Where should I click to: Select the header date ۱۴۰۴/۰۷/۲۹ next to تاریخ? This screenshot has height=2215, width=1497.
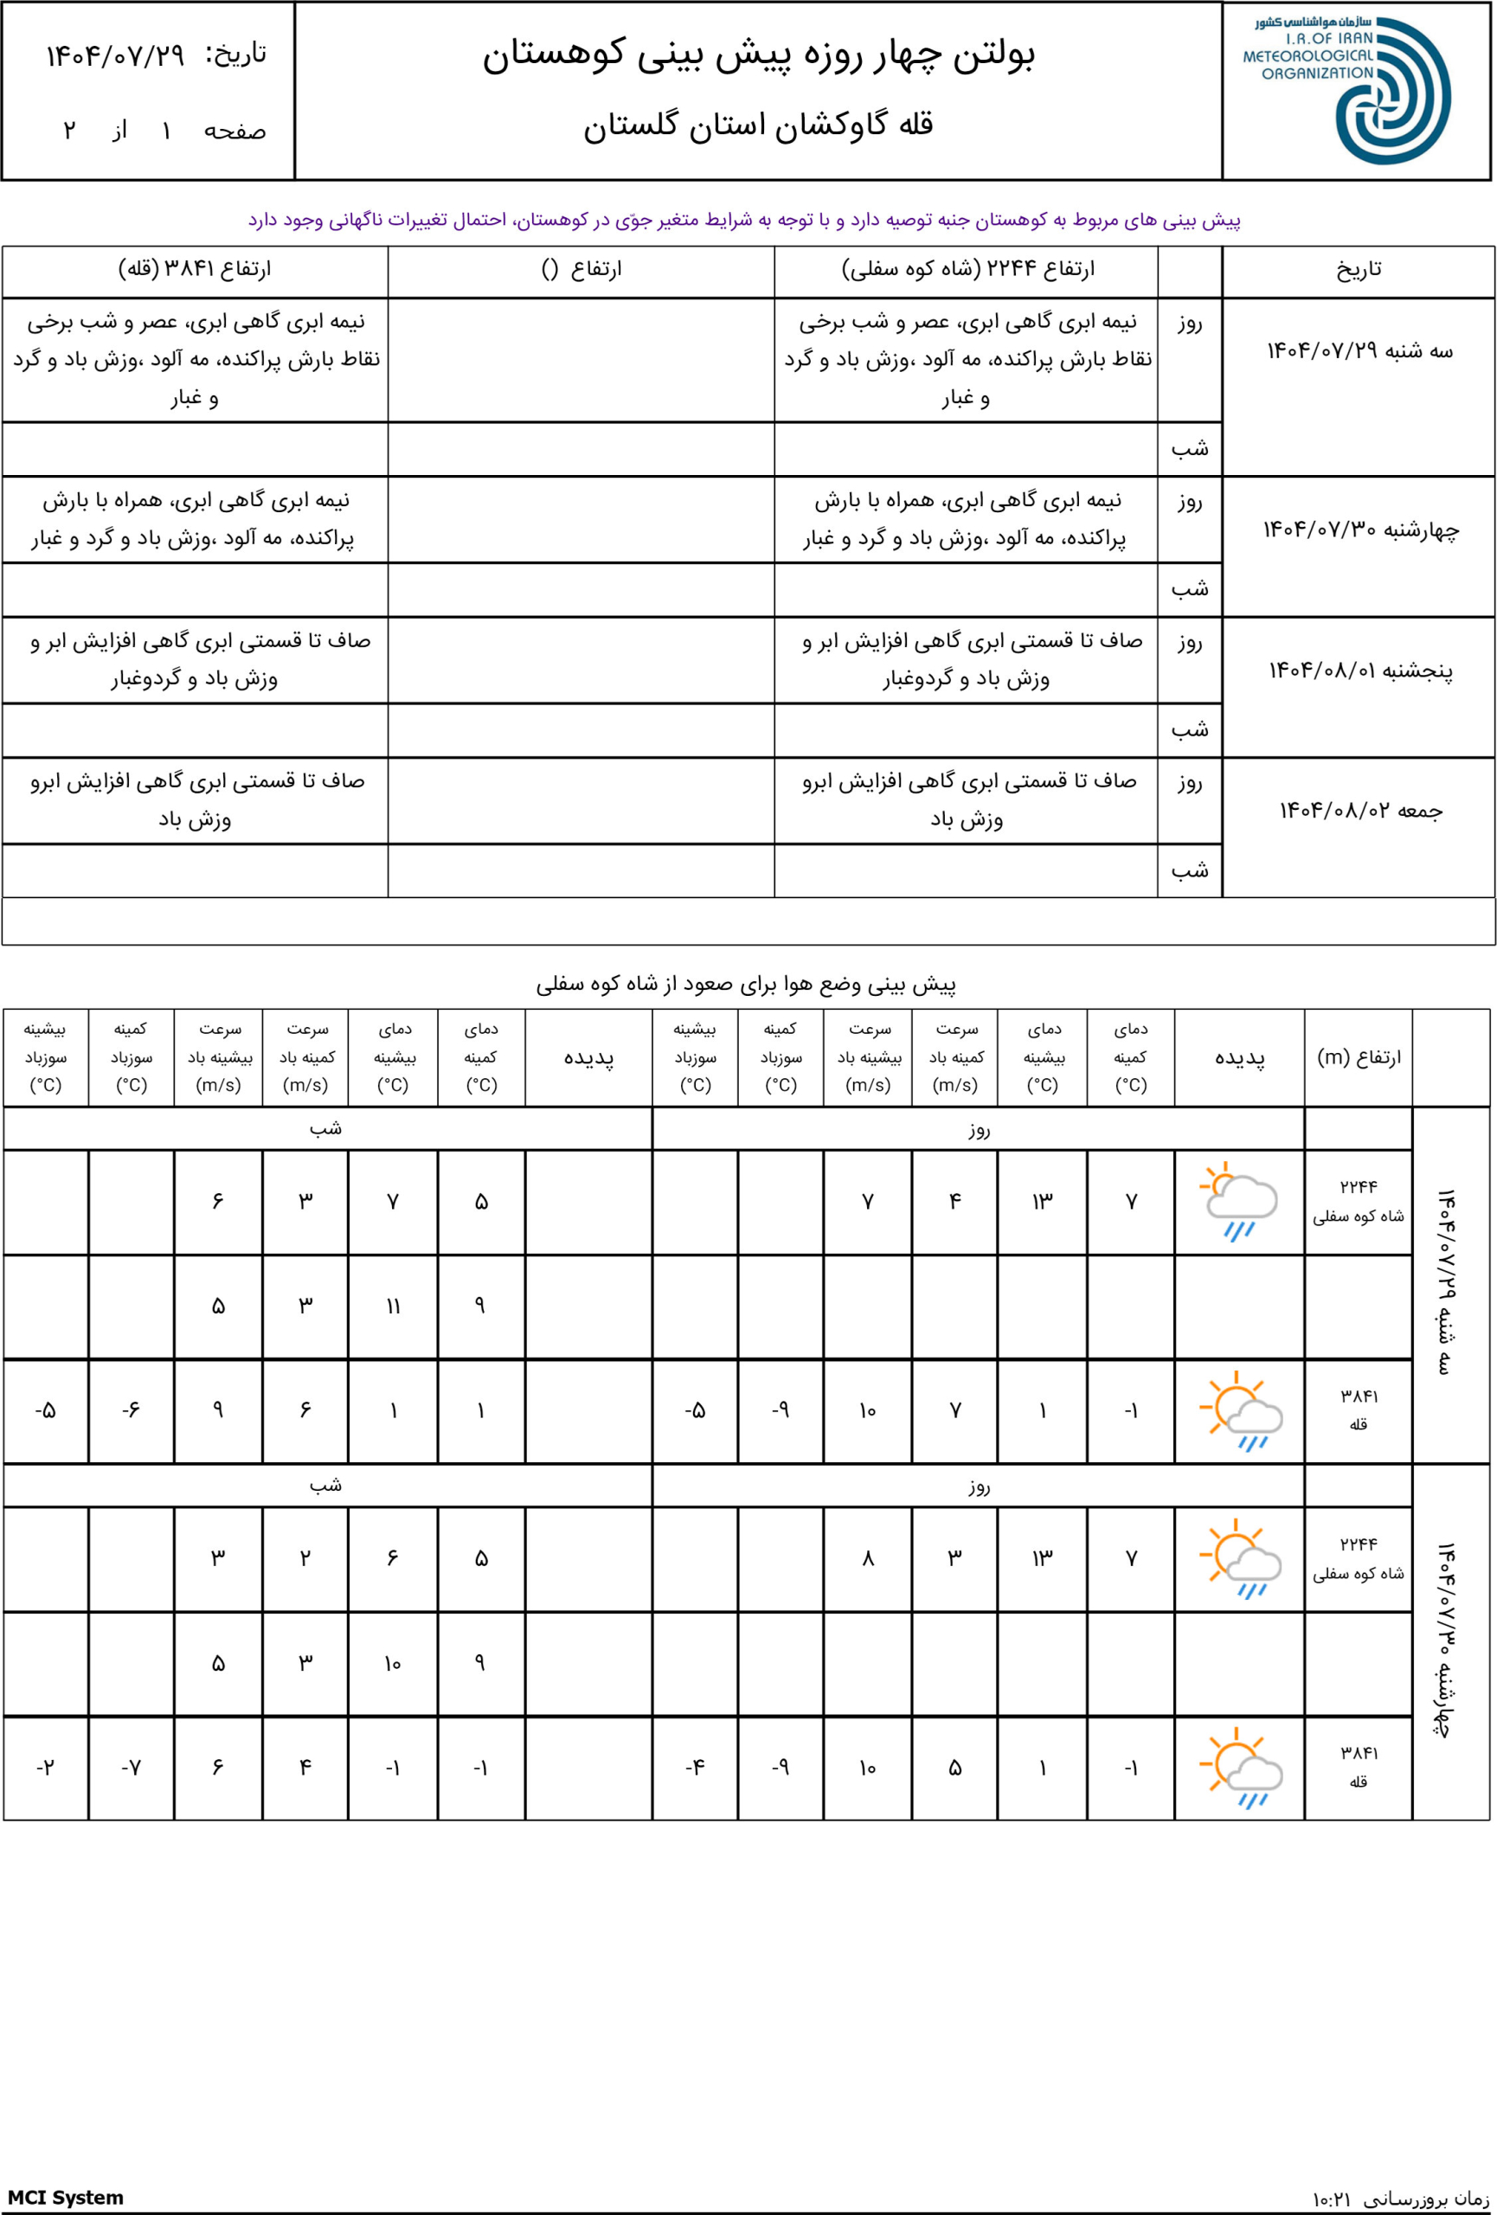coord(115,55)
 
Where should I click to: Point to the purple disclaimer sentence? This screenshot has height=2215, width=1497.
coord(744,220)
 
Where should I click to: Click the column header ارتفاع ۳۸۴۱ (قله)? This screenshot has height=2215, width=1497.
coord(195,270)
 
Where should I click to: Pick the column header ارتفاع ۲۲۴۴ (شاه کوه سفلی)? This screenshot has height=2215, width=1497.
coord(967,270)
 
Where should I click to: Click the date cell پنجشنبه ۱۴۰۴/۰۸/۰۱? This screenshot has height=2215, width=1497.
coord(1359,671)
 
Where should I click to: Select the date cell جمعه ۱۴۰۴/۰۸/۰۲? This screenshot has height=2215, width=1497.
coord(1359,811)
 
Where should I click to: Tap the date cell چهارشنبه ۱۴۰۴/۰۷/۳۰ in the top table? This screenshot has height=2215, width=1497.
coord(1359,530)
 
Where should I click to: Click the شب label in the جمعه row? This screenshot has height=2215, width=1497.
coord(1189,870)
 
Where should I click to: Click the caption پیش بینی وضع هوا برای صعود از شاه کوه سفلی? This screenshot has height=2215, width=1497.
coord(745,984)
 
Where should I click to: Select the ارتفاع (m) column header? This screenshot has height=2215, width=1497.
coord(1358,1057)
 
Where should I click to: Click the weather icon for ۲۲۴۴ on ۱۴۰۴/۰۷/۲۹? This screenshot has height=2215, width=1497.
coord(1239,1201)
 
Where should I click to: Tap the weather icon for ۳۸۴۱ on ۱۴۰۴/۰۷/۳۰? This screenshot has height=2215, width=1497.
coord(1239,1767)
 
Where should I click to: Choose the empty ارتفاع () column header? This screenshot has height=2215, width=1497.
coord(581,270)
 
